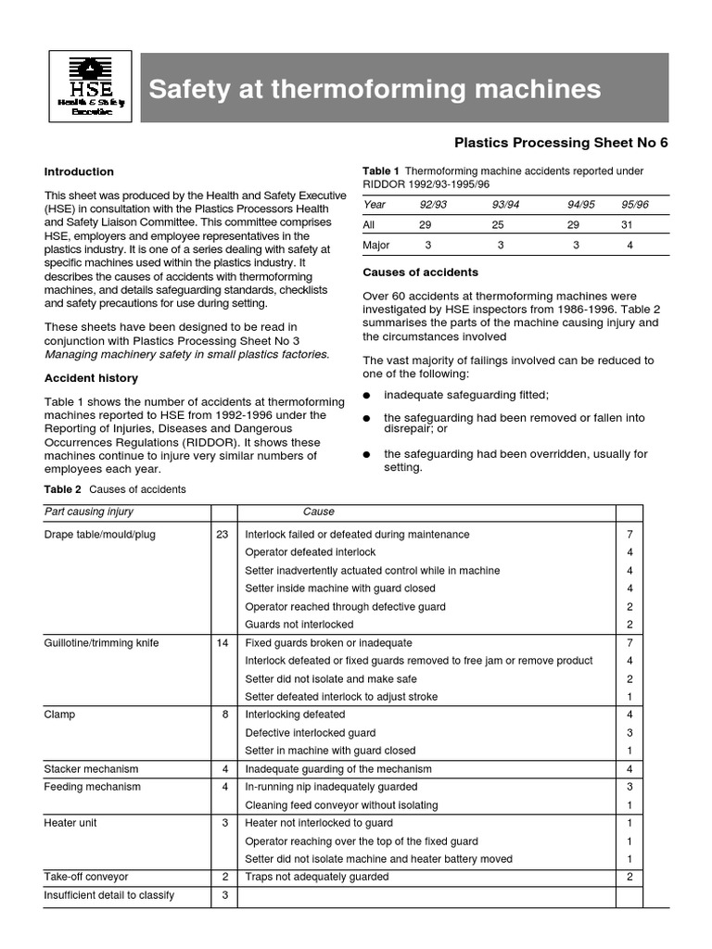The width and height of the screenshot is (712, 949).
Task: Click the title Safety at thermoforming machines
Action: (x=375, y=89)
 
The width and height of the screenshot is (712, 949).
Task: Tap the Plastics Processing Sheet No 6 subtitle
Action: (x=560, y=143)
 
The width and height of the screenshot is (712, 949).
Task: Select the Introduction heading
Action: (x=79, y=171)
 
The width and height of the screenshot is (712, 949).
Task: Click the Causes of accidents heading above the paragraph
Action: (x=420, y=272)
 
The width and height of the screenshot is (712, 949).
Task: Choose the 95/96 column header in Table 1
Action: (x=635, y=204)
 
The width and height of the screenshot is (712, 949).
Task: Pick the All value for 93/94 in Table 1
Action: (x=498, y=225)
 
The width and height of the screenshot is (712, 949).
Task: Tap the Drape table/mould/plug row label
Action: (x=100, y=535)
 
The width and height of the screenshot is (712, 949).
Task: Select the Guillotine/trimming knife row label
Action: (x=101, y=643)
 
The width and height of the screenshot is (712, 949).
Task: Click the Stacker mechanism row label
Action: (x=91, y=769)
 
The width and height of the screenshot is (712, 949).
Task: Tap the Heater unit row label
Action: (x=70, y=823)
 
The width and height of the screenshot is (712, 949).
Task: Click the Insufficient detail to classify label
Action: (x=108, y=895)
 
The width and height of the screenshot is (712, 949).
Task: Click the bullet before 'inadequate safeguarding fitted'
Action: (x=367, y=396)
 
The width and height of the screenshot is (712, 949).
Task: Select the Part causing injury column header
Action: (x=89, y=512)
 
